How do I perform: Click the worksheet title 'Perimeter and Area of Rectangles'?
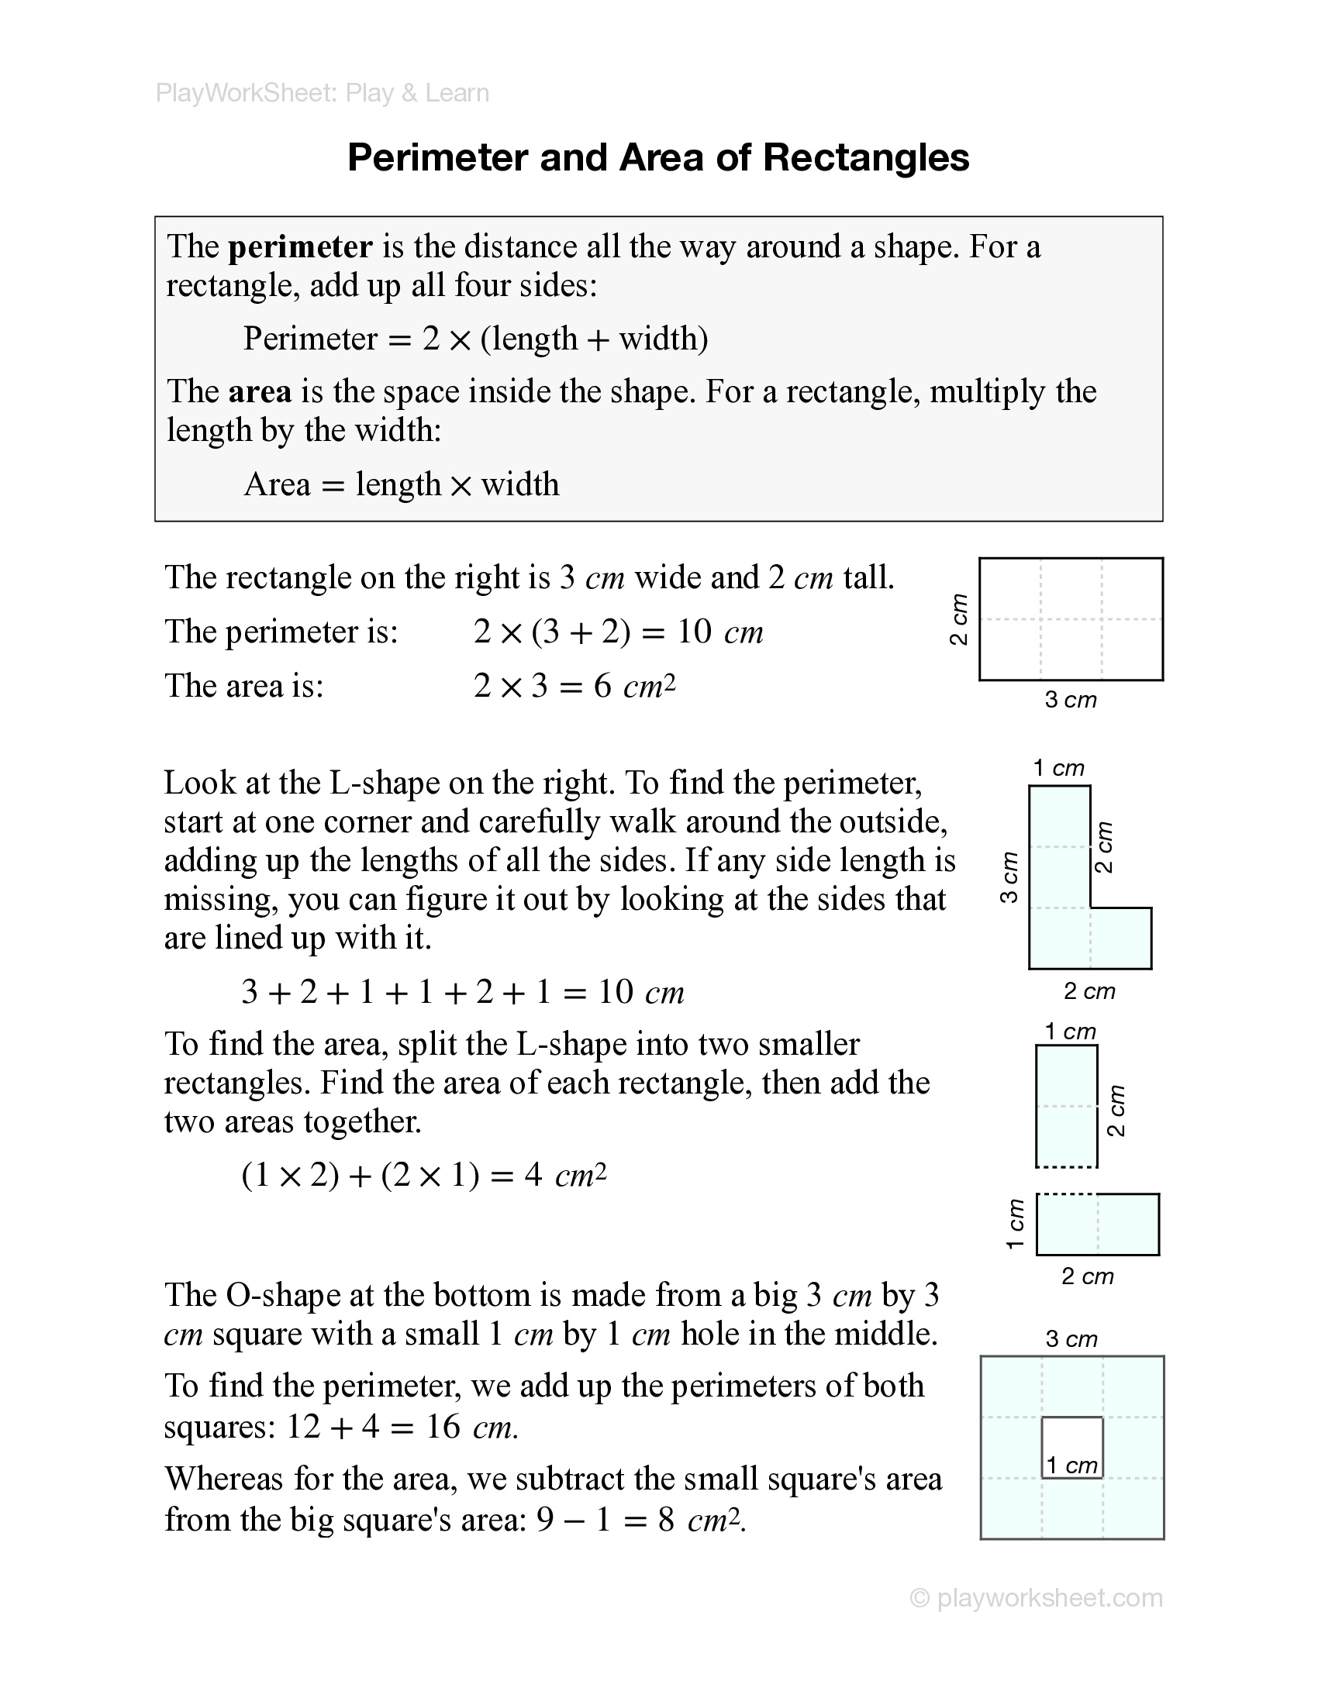point(657,157)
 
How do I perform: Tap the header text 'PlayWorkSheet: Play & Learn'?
point(322,94)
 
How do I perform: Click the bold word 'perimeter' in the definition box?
point(300,246)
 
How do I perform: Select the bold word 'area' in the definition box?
point(260,391)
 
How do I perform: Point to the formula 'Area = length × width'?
point(402,485)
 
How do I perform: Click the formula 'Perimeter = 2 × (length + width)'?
point(475,339)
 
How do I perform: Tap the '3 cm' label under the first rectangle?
point(1071,701)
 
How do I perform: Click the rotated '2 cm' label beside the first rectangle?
point(959,619)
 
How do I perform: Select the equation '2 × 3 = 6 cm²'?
point(574,686)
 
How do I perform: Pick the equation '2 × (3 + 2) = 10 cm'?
point(618,632)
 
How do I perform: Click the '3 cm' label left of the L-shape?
point(1009,877)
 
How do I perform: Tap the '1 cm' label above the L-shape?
point(1059,768)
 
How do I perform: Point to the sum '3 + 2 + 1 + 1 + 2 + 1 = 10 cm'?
point(462,992)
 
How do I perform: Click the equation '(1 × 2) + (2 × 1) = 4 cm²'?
point(424,1175)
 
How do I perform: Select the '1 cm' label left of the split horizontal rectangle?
point(1015,1224)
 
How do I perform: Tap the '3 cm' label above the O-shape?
point(1071,1339)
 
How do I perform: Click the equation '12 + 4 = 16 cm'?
point(402,1427)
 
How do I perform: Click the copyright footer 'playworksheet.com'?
point(1037,1598)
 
